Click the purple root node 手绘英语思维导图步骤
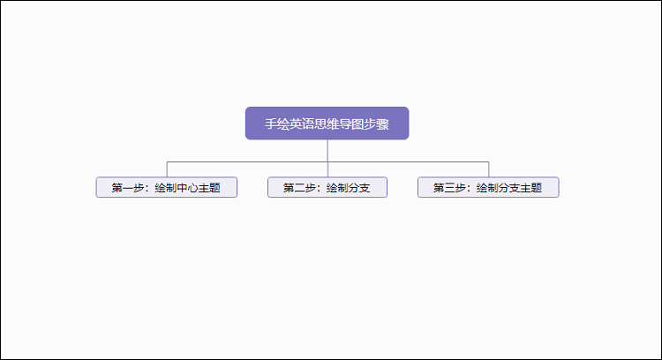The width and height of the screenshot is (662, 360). (327, 124)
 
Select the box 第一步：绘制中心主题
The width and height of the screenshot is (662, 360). (167, 187)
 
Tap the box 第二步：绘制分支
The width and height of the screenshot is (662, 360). (327, 187)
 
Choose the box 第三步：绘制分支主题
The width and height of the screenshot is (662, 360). (488, 187)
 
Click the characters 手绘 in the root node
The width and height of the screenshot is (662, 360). (277, 124)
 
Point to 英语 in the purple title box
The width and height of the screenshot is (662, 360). (302, 124)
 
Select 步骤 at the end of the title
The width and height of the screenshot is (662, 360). (377, 124)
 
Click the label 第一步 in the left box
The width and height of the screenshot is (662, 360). (128, 187)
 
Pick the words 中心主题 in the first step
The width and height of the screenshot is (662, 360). (199, 187)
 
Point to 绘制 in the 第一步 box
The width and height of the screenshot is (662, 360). (166, 187)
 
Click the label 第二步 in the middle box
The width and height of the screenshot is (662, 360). (299, 187)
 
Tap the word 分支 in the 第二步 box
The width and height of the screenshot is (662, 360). (359, 187)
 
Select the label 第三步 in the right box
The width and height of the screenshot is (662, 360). (449, 187)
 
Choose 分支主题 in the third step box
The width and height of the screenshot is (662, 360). (520, 187)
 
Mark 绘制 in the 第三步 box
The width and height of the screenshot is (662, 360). (487, 187)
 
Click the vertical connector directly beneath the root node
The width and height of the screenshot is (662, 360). (327, 151)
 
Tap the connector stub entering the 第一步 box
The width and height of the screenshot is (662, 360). (167, 169)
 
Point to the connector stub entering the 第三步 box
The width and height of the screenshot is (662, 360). (489, 169)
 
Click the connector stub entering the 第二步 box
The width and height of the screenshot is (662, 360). (327, 169)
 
